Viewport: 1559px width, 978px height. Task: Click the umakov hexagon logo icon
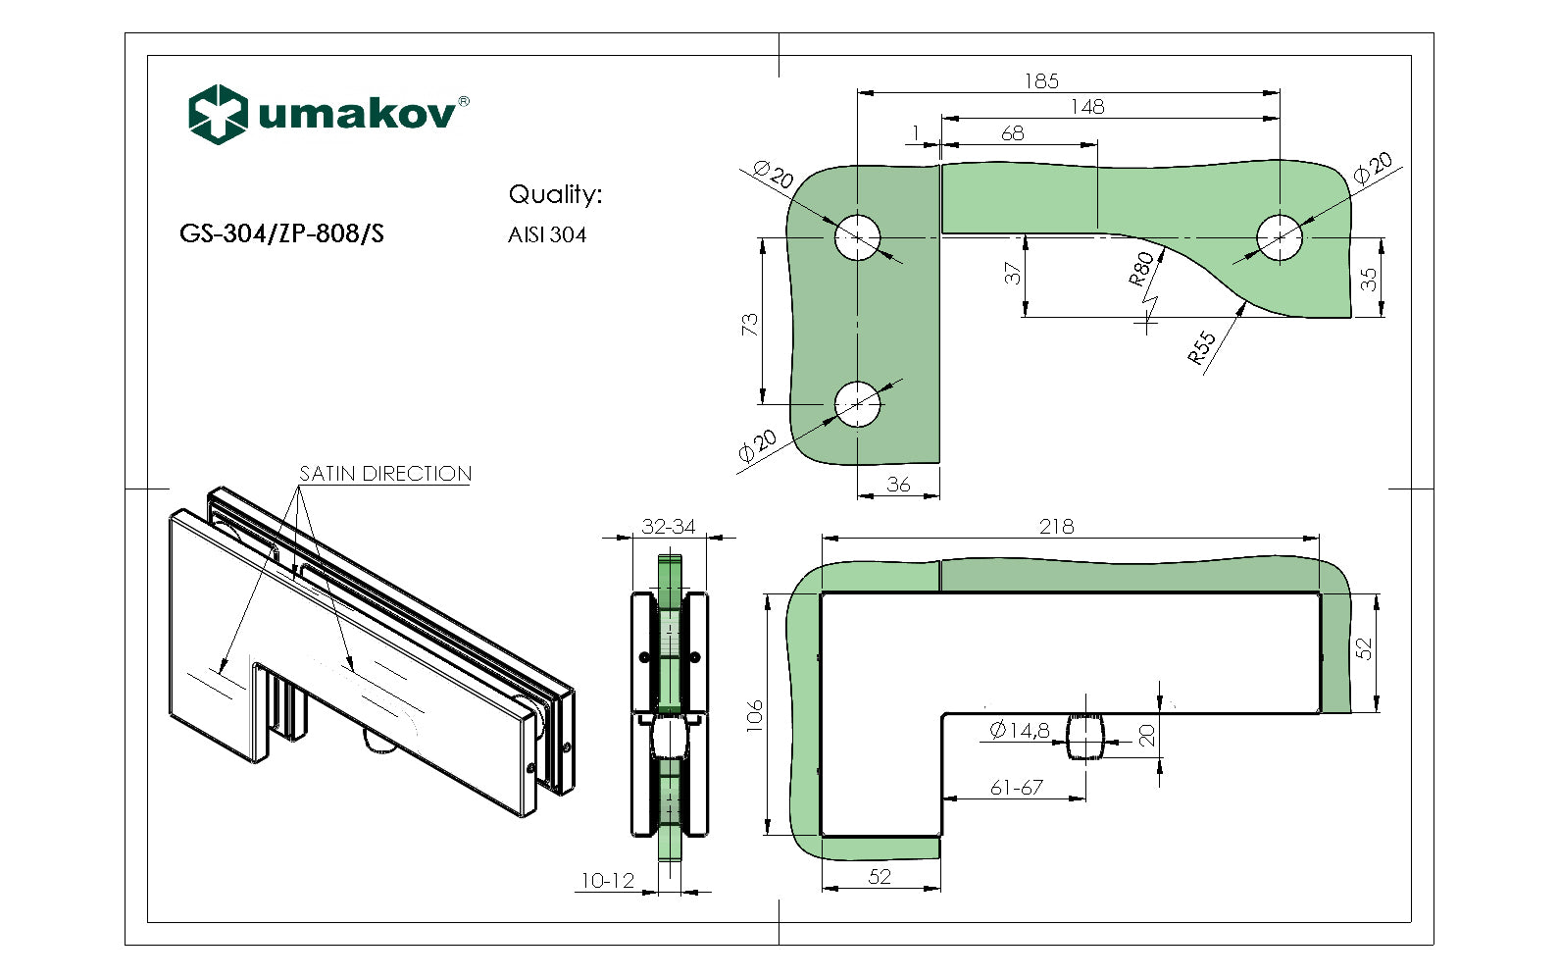(217, 114)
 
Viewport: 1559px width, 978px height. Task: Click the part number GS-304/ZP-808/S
(281, 233)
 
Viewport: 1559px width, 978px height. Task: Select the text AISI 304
(547, 235)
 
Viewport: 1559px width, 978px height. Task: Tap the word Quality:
(555, 194)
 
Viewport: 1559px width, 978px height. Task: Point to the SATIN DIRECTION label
(385, 474)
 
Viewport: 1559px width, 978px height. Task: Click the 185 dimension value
(1041, 81)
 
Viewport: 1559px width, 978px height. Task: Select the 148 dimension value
(1087, 107)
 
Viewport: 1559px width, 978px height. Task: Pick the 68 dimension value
(1013, 133)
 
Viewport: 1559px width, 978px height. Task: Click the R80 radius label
(1141, 268)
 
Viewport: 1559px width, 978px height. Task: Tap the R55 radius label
(1202, 347)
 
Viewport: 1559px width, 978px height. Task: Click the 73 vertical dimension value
(750, 324)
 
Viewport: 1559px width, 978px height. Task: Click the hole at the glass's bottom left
(858, 404)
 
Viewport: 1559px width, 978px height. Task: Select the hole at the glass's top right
(1280, 237)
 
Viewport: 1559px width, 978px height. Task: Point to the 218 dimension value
(1056, 527)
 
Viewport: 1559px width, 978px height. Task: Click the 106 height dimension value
(754, 715)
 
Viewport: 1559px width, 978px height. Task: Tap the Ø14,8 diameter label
(1020, 730)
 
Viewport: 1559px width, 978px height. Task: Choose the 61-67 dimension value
(1017, 788)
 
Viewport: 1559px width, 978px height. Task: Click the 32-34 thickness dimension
(669, 527)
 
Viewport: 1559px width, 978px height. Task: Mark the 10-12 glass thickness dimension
(608, 881)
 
